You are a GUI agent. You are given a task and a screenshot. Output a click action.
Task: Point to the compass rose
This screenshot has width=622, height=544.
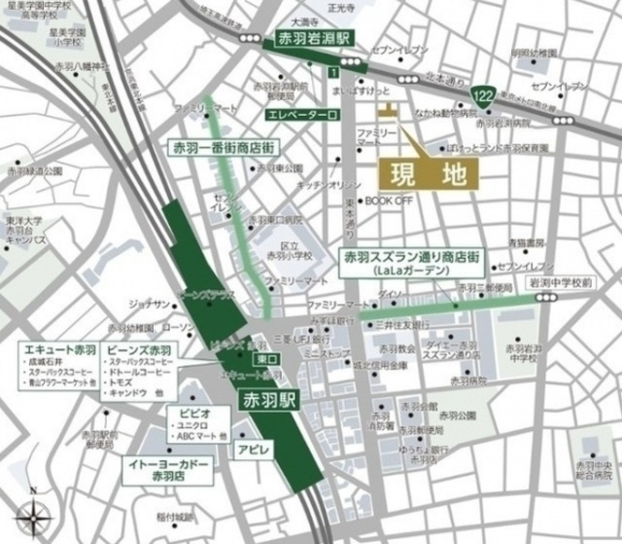point(36,512)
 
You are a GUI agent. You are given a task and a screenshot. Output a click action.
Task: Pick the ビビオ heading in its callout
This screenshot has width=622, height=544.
point(192,414)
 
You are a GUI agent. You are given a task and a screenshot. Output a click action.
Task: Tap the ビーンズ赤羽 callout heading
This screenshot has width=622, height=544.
point(145,348)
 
